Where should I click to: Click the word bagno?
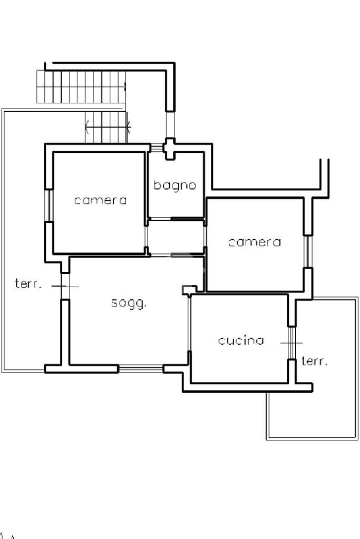tap(175, 185)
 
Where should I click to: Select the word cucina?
tap(241, 340)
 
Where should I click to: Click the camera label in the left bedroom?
tap(101, 200)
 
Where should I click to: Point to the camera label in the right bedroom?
tap(255, 242)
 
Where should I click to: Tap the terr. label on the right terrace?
tap(315, 361)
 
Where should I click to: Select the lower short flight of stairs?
tap(107, 126)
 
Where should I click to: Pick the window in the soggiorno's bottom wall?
tap(140, 369)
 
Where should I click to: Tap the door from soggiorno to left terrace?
tap(65, 286)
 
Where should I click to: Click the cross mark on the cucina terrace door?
tap(291, 342)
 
